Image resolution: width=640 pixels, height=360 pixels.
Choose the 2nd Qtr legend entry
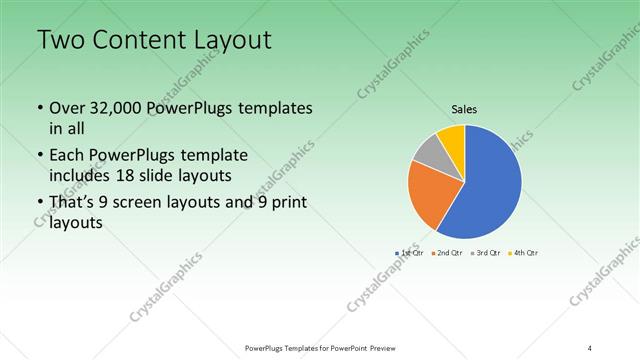(x=449, y=252)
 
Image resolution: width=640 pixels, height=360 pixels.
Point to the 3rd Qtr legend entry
(x=487, y=252)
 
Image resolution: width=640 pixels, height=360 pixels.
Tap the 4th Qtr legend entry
(x=526, y=252)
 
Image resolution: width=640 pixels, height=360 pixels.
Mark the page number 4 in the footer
(x=590, y=348)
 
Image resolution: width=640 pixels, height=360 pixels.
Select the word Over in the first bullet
(x=67, y=107)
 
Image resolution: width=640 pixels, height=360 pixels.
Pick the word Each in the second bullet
(x=66, y=155)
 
